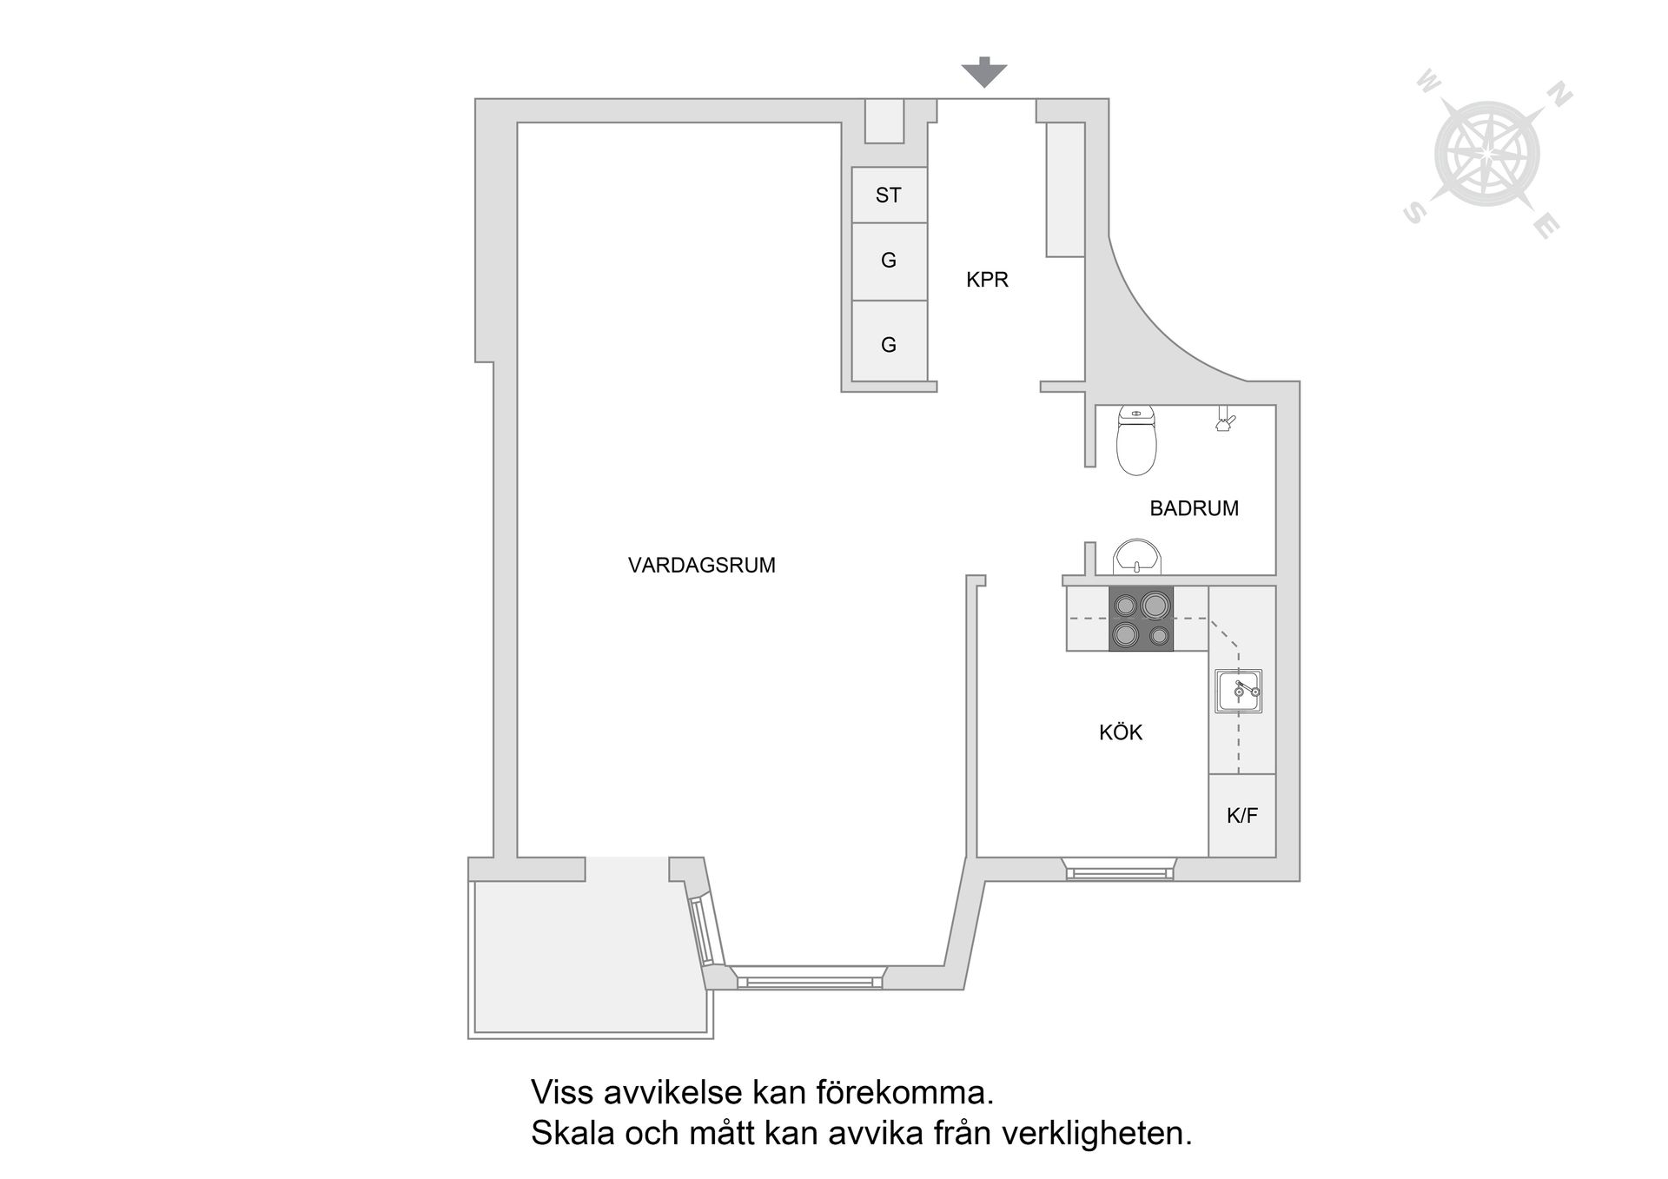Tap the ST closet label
pos(888,195)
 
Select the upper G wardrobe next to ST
pos(888,261)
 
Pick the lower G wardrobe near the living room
pos(888,344)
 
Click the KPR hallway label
pos(987,280)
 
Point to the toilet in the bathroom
pos(1136,441)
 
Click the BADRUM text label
pos(1194,508)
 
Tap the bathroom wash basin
pos(1136,557)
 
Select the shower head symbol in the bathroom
pos(1225,421)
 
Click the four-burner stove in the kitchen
pos(1141,619)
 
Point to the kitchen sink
pos(1238,692)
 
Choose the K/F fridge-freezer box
pos(1241,815)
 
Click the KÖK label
pos(1120,732)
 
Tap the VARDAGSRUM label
pos(701,566)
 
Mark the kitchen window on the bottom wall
pos(1119,870)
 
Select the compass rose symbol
pos(1486,155)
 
